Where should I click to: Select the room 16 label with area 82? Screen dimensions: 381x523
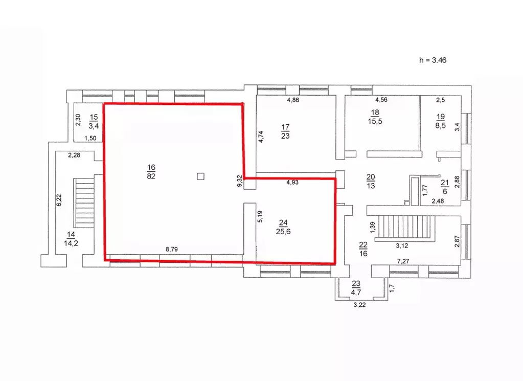(151, 172)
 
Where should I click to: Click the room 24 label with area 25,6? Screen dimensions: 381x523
(283, 227)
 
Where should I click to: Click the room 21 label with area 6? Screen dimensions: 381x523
(445, 186)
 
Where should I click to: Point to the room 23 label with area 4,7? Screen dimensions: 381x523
(356, 288)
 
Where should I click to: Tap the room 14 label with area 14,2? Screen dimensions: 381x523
(71, 239)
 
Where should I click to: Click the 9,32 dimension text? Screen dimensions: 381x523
(239, 180)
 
